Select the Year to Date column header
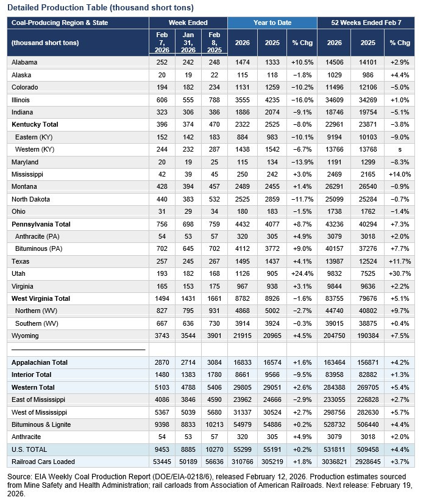coord(272,23)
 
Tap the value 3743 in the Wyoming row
coord(161,336)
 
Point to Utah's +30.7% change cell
coord(400,273)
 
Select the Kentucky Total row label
coord(37,124)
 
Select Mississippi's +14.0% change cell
coord(400,174)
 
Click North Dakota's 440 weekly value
coord(161,199)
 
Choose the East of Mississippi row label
coord(38,399)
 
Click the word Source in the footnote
coord(21,474)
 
